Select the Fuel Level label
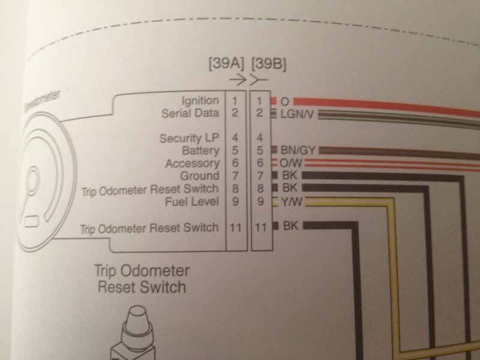[194, 202]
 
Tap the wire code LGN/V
[294, 113]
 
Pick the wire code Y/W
[289, 202]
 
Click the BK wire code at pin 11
[290, 226]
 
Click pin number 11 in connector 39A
[236, 227]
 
